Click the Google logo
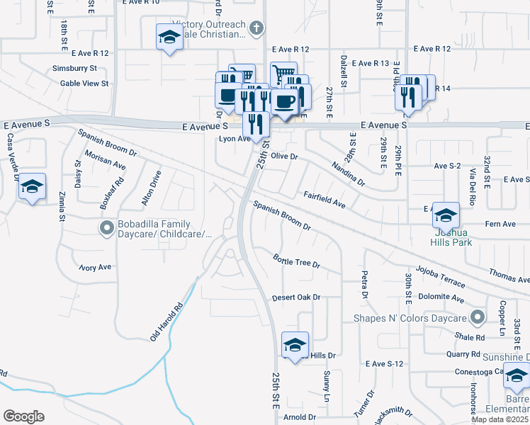point(23,416)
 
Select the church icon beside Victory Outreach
point(256,28)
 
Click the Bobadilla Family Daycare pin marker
point(106,227)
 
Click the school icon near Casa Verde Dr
point(32,186)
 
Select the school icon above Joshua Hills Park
point(446,215)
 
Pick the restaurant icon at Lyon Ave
point(255,124)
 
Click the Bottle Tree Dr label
point(297,260)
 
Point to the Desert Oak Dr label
point(297,297)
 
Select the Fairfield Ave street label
point(325,198)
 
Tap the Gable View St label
point(84,83)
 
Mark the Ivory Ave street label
point(95,267)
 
